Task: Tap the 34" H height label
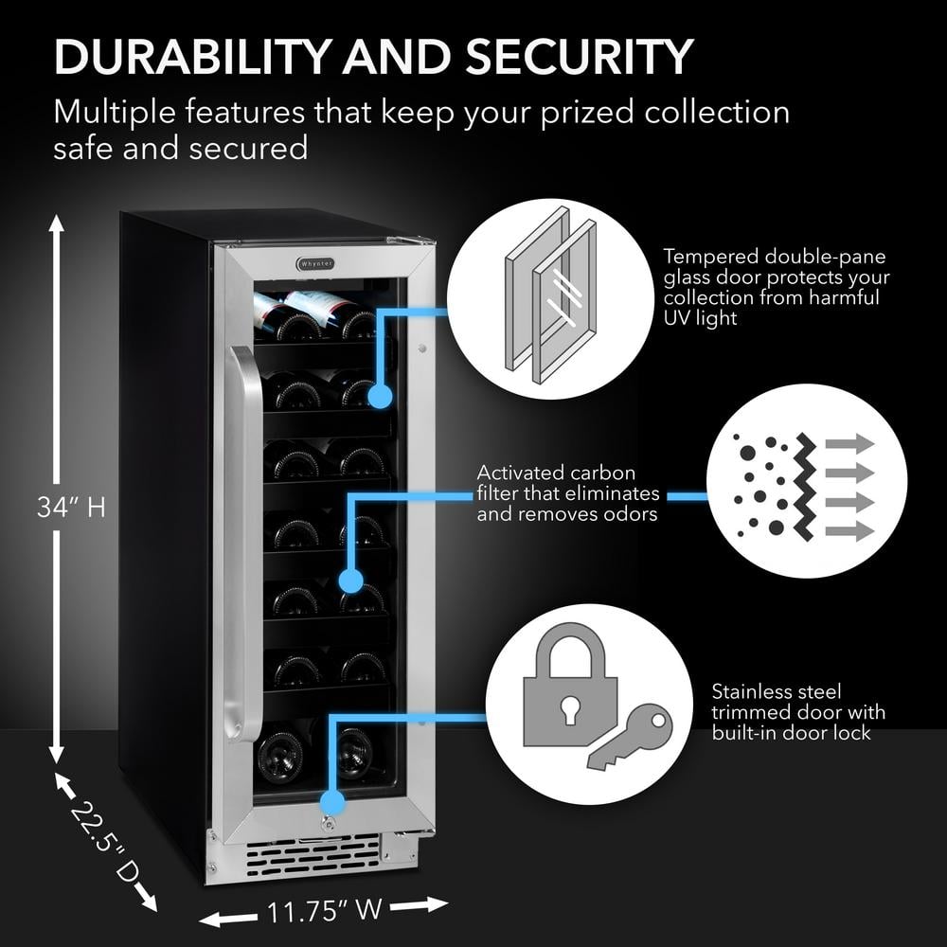click(70, 508)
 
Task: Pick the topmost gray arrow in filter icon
click(849, 443)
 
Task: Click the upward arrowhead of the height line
click(56, 223)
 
